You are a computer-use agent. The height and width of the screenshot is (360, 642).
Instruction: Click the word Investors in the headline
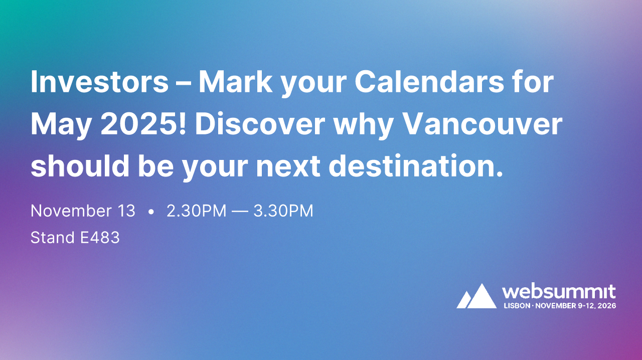click(x=99, y=82)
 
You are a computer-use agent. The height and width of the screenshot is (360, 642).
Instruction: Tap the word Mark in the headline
click(x=234, y=82)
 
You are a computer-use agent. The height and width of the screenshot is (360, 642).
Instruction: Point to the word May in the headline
click(x=61, y=125)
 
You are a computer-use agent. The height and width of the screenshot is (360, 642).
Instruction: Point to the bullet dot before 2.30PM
click(x=151, y=212)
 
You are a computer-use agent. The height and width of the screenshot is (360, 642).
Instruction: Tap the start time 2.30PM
click(x=196, y=211)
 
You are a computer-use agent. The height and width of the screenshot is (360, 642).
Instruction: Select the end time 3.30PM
click(x=283, y=211)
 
